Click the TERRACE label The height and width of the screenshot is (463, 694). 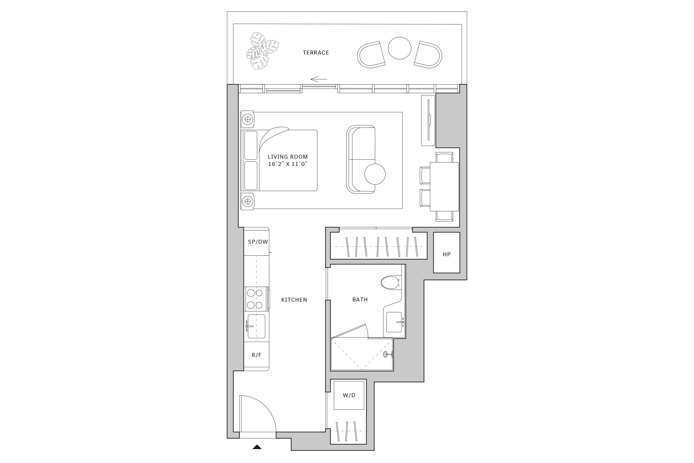point(316,53)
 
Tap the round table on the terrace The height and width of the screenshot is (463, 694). point(399,48)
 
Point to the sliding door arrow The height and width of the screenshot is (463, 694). point(319,79)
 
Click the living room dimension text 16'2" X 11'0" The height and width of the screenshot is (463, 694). point(288,164)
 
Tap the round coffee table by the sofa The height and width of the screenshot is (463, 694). point(375,174)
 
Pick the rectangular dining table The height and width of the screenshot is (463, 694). point(444,187)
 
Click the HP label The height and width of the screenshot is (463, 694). point(446,254)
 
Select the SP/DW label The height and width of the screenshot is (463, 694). point(258,242)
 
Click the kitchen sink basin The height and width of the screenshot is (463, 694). point(256,326)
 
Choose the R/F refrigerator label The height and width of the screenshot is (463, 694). point(256,355)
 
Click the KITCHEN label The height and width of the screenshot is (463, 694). point(294,300)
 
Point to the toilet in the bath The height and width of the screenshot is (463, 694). point(390,283)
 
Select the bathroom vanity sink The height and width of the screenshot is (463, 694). point(394,322)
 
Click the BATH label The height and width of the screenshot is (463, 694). point(360,300)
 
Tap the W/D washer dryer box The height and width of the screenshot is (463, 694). point(349,395)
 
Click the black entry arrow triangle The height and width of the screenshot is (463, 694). point(257,447)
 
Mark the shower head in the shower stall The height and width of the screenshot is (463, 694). point(386,354)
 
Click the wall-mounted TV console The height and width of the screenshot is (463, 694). point(428,120)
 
